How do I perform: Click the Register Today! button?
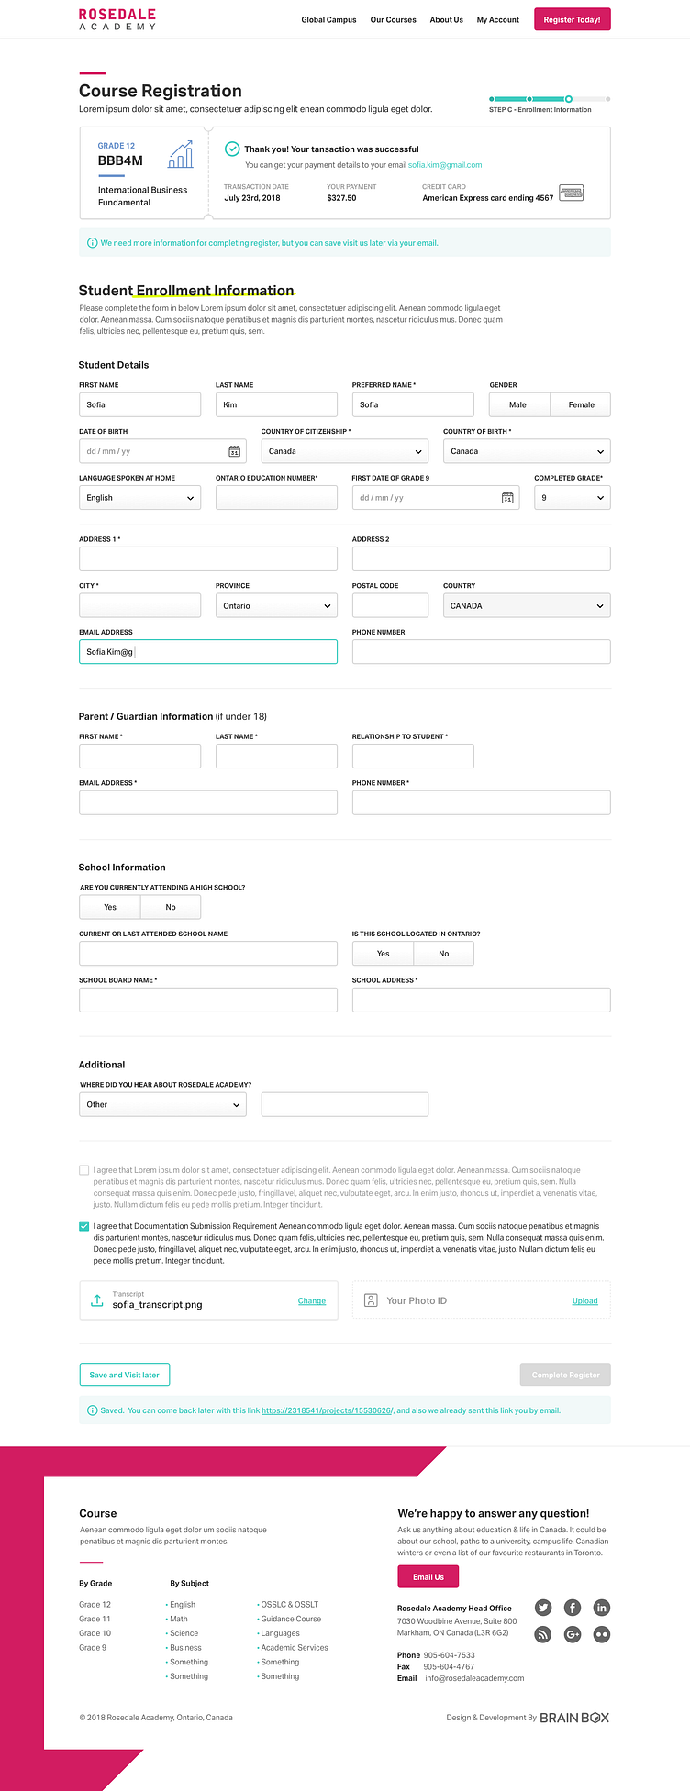(x=572, y=19)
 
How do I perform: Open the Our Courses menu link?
(x=393, y=19)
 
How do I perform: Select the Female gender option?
(x=581, y=404)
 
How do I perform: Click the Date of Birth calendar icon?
(x=235, y=451)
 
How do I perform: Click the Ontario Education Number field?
(x=276, y=498)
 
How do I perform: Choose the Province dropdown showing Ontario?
(x=276, y=606)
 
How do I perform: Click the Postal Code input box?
(x=390, y=606)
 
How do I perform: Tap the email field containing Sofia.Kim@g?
(x=208, y=652)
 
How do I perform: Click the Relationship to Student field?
(x=413, y=757)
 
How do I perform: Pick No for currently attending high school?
(x=171, y=907)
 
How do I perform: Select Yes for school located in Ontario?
(x=383, y=954)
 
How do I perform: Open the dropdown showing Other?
(x=162, y=1105)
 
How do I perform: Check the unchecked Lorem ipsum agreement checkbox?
(x=84, y=1170)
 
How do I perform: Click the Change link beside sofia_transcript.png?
(x=312, y=1301)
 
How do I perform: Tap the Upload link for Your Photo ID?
(x=584, y=1301)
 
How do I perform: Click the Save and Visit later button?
(x=125, y=1375)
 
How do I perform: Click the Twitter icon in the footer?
(x=543, y=1608)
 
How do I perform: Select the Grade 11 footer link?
(x=95, y=1619)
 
